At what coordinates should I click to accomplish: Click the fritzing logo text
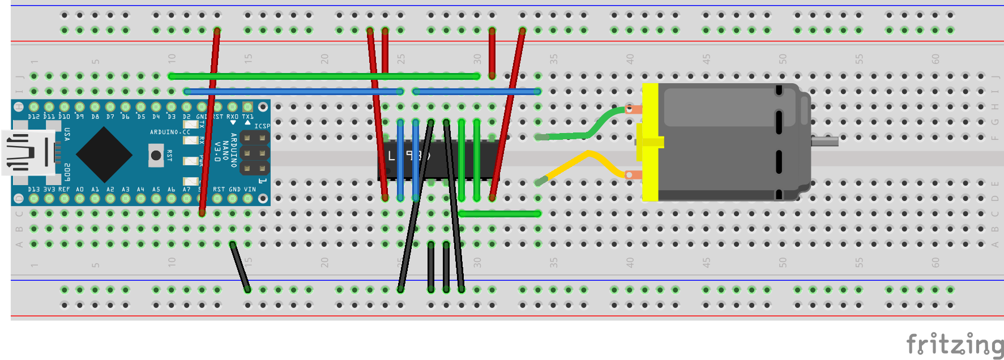(x=955, y=344)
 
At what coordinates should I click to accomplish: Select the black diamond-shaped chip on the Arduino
(x=104, y=154)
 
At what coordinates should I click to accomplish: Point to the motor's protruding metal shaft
(x=824, y=142)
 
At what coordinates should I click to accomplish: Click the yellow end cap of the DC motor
(x=650, y=142)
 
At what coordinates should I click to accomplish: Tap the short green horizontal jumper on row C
(x=499, y=214)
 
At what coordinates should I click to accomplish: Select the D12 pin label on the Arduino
(x=34, y=117)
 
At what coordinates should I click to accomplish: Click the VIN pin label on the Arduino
(x=250, y=190)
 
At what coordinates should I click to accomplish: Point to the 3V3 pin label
(x=49, y=190)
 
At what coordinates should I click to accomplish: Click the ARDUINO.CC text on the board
(x=170, y=132)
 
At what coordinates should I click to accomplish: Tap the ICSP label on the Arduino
(x=262, y=126)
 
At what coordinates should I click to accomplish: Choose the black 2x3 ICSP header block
(x=254, y=153)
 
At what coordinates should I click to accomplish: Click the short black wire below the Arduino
(x=240, y=267)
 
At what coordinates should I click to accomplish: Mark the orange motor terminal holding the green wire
(x=634, y=110)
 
